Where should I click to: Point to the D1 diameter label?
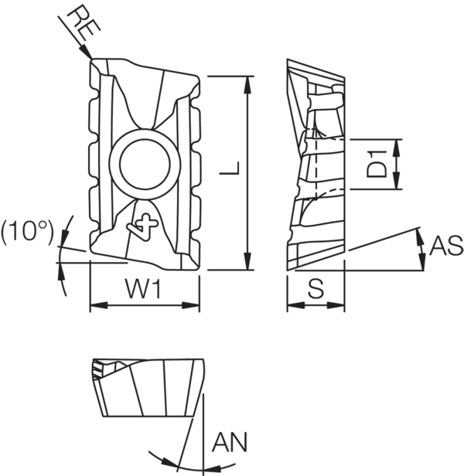pos(376,165)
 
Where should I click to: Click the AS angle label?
pos(445,246)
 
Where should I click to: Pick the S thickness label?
pos(316,289)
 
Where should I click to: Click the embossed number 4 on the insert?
pos(145,225)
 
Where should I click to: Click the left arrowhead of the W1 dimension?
pos(95,305)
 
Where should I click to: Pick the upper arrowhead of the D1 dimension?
pos(397,144)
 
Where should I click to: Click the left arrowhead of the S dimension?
pos(292,305)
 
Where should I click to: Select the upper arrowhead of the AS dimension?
pos(421,234)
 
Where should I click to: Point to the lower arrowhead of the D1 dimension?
pos(397,185)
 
